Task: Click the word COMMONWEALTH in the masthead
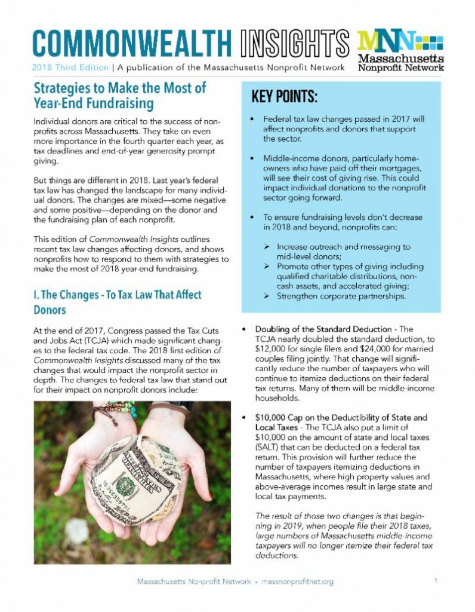tap(131, 42)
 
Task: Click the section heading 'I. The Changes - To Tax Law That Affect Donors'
tap(117, 302)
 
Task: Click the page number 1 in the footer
tap(436, 581)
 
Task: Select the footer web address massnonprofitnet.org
tap(298, 582)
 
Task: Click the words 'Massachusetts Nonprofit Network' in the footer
tap(194, 582)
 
